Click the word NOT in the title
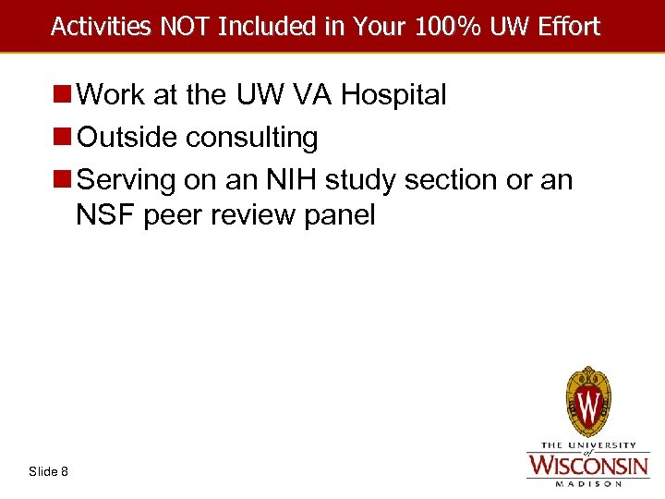(182, 26)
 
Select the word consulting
(252, 138)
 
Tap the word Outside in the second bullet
(128, 138)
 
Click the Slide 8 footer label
(48, 471)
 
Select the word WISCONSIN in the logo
(587, 463)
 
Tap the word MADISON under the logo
(587, 481)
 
